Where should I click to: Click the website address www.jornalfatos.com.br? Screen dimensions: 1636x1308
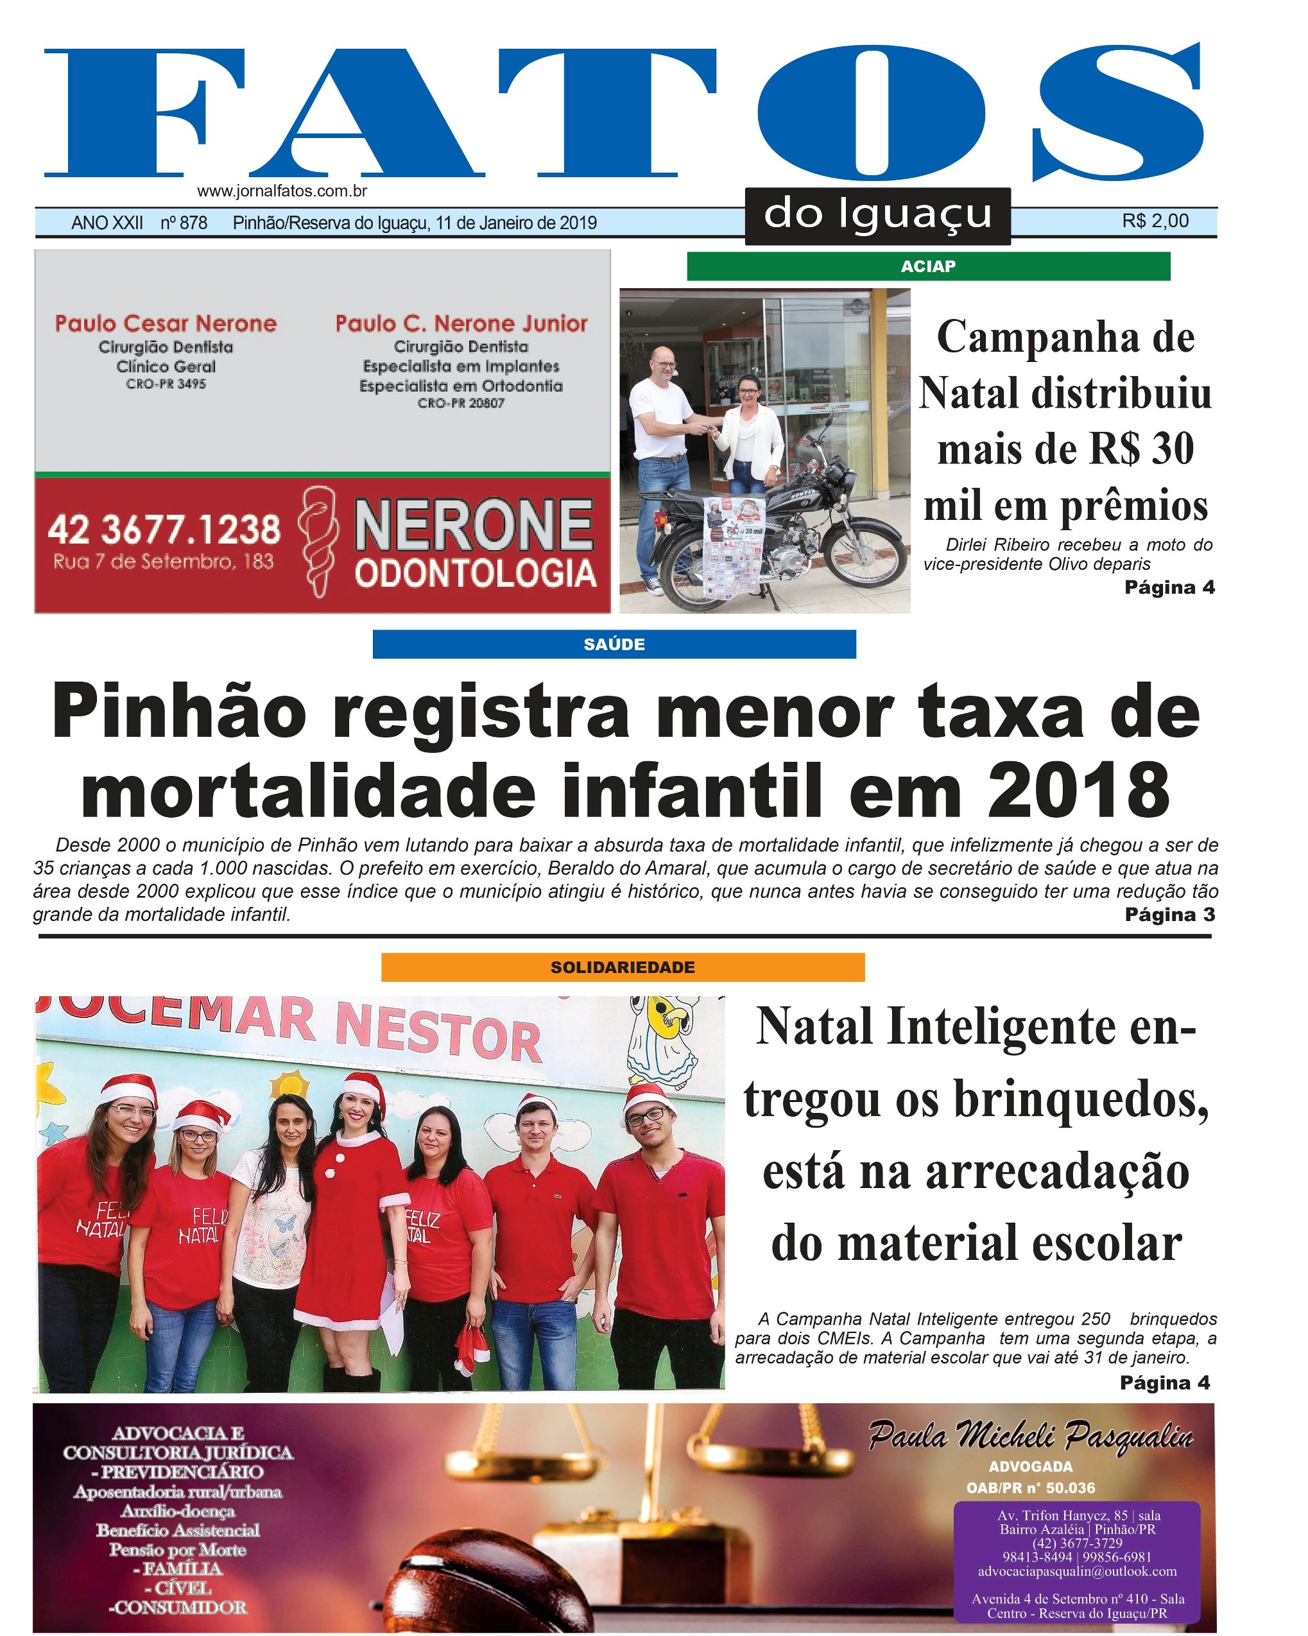pyautogui.click(x=282, y=191)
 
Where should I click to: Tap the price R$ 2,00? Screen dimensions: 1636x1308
pyautogui.click(x=1155, y=221)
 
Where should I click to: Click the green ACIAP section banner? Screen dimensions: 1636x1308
pyautogui.click(x=928, y=266)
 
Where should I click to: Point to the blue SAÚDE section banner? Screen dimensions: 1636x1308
pyautogui.click(x=614, y=644)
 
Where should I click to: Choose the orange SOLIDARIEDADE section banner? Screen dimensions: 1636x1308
pyautogui.click(x=622, y=967)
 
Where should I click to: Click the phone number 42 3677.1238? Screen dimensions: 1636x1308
pyautogui.click(x=164, y=529)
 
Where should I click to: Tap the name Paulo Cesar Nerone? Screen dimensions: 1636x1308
pyautogui.click(x=166, y=324)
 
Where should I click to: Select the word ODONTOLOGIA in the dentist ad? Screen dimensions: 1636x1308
pyautogui.click(x=475, y=574)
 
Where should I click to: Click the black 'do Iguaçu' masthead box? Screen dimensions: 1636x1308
pyautogui.click(x=877, y=215)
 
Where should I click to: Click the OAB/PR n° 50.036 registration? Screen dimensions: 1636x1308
pyautogui.click(x=1030, y=1488)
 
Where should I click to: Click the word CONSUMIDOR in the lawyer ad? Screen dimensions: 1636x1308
pyautogui.click(x=178, y=1607)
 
